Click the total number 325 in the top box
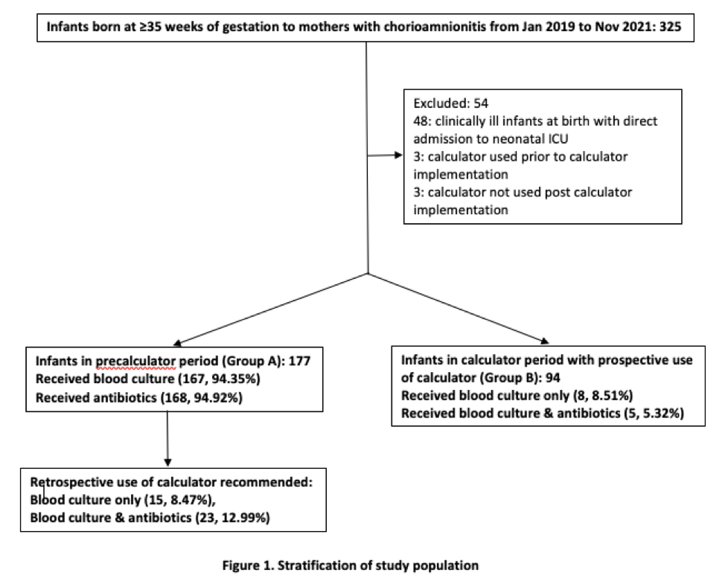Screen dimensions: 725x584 [x=670, y=26]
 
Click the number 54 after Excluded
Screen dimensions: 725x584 [x=481, y=103]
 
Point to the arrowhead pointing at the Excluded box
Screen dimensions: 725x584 [x=398, y=155]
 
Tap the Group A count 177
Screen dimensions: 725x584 [x=299, y=361]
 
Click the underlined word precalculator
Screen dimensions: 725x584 [x=136, y=362]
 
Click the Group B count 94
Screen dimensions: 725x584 [x=552, y=378]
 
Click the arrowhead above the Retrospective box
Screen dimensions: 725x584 [x=167, y=462]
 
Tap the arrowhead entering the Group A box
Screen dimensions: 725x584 [x=178, y=343]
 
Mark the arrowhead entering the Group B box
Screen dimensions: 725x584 [x=544, y=341]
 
